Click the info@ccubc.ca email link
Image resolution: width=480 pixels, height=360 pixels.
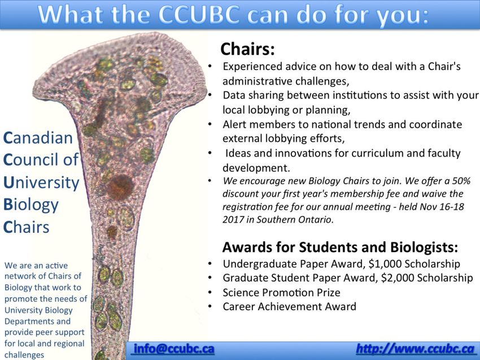coord(174,349)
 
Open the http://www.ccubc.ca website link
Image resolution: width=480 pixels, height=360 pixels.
coord(415,349)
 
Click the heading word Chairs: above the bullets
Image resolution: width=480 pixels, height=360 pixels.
coord(247,49)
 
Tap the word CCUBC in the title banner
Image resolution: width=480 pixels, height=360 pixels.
coord(199,14)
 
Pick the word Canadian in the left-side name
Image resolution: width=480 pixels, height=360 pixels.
coord(38,138)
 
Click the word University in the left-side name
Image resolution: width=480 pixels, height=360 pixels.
coord(41,183)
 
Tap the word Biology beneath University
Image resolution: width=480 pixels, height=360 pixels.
coord(30,205)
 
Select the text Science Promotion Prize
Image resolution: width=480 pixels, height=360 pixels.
coord(281,292)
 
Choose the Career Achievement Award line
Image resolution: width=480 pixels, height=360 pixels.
coord(289,306)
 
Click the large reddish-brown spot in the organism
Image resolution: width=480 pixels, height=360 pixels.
coord(120,187)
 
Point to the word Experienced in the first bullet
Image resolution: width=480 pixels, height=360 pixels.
coord(252,67)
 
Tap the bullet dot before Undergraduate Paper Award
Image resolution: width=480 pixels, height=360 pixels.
coord(210,264)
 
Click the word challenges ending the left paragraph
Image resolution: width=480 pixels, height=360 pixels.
coord(24,355)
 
